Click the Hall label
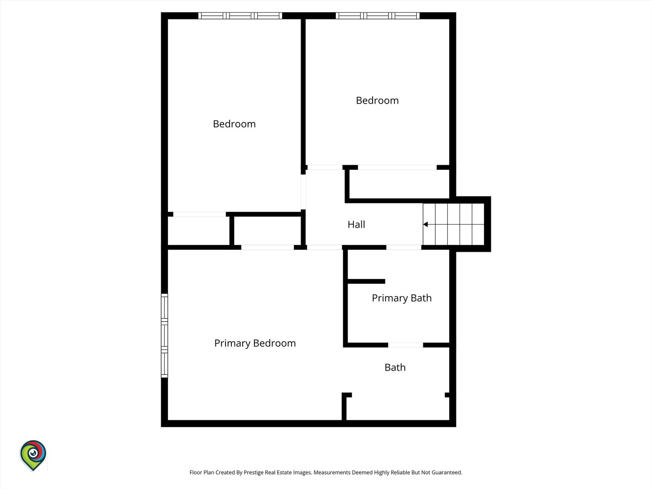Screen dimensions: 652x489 pyautogui.click(x=356, y=225)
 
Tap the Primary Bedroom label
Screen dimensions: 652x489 pyautogui.click(x=255, y=343)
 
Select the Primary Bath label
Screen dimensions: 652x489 pyautogui.click(x=402, y=298)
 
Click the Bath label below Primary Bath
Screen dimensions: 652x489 pyautogui.click(x=395, y=368)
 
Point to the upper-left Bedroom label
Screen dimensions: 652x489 pyautogui.click(x=234, y=124)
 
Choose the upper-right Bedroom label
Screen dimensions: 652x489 pyautogui.click(x=377, y=101)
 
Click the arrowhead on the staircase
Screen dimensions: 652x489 pyautogui.click(x=425, y=225)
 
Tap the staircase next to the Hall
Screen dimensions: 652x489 pyautogui.click(x=454, y=224)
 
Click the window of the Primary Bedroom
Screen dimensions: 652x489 pyautogui.click(x=164, y=336)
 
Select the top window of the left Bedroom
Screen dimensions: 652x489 pyautogui.click(x=240, y=16)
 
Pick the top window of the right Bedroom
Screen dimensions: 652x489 pyautogui.click(x=378, y=16)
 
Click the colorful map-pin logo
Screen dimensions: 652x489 pyautogui.click(x=33, y=455)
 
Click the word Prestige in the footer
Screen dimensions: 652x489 pyautogui.click(x=254, y=473)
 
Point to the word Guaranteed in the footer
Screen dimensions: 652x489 pyautogui.click(x=447, y=472)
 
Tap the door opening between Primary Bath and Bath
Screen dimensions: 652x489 pyautogui.click(x=405, y=345)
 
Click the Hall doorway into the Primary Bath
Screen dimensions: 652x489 pyautogui.click(x=404, y=247)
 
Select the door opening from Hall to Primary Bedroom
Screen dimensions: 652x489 pyautogui.click(x=324, y=247)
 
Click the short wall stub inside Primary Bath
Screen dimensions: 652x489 pyautogui.click(x=366, y=282)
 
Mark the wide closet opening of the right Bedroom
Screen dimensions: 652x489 pyautogui.click(x=397, y=168)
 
